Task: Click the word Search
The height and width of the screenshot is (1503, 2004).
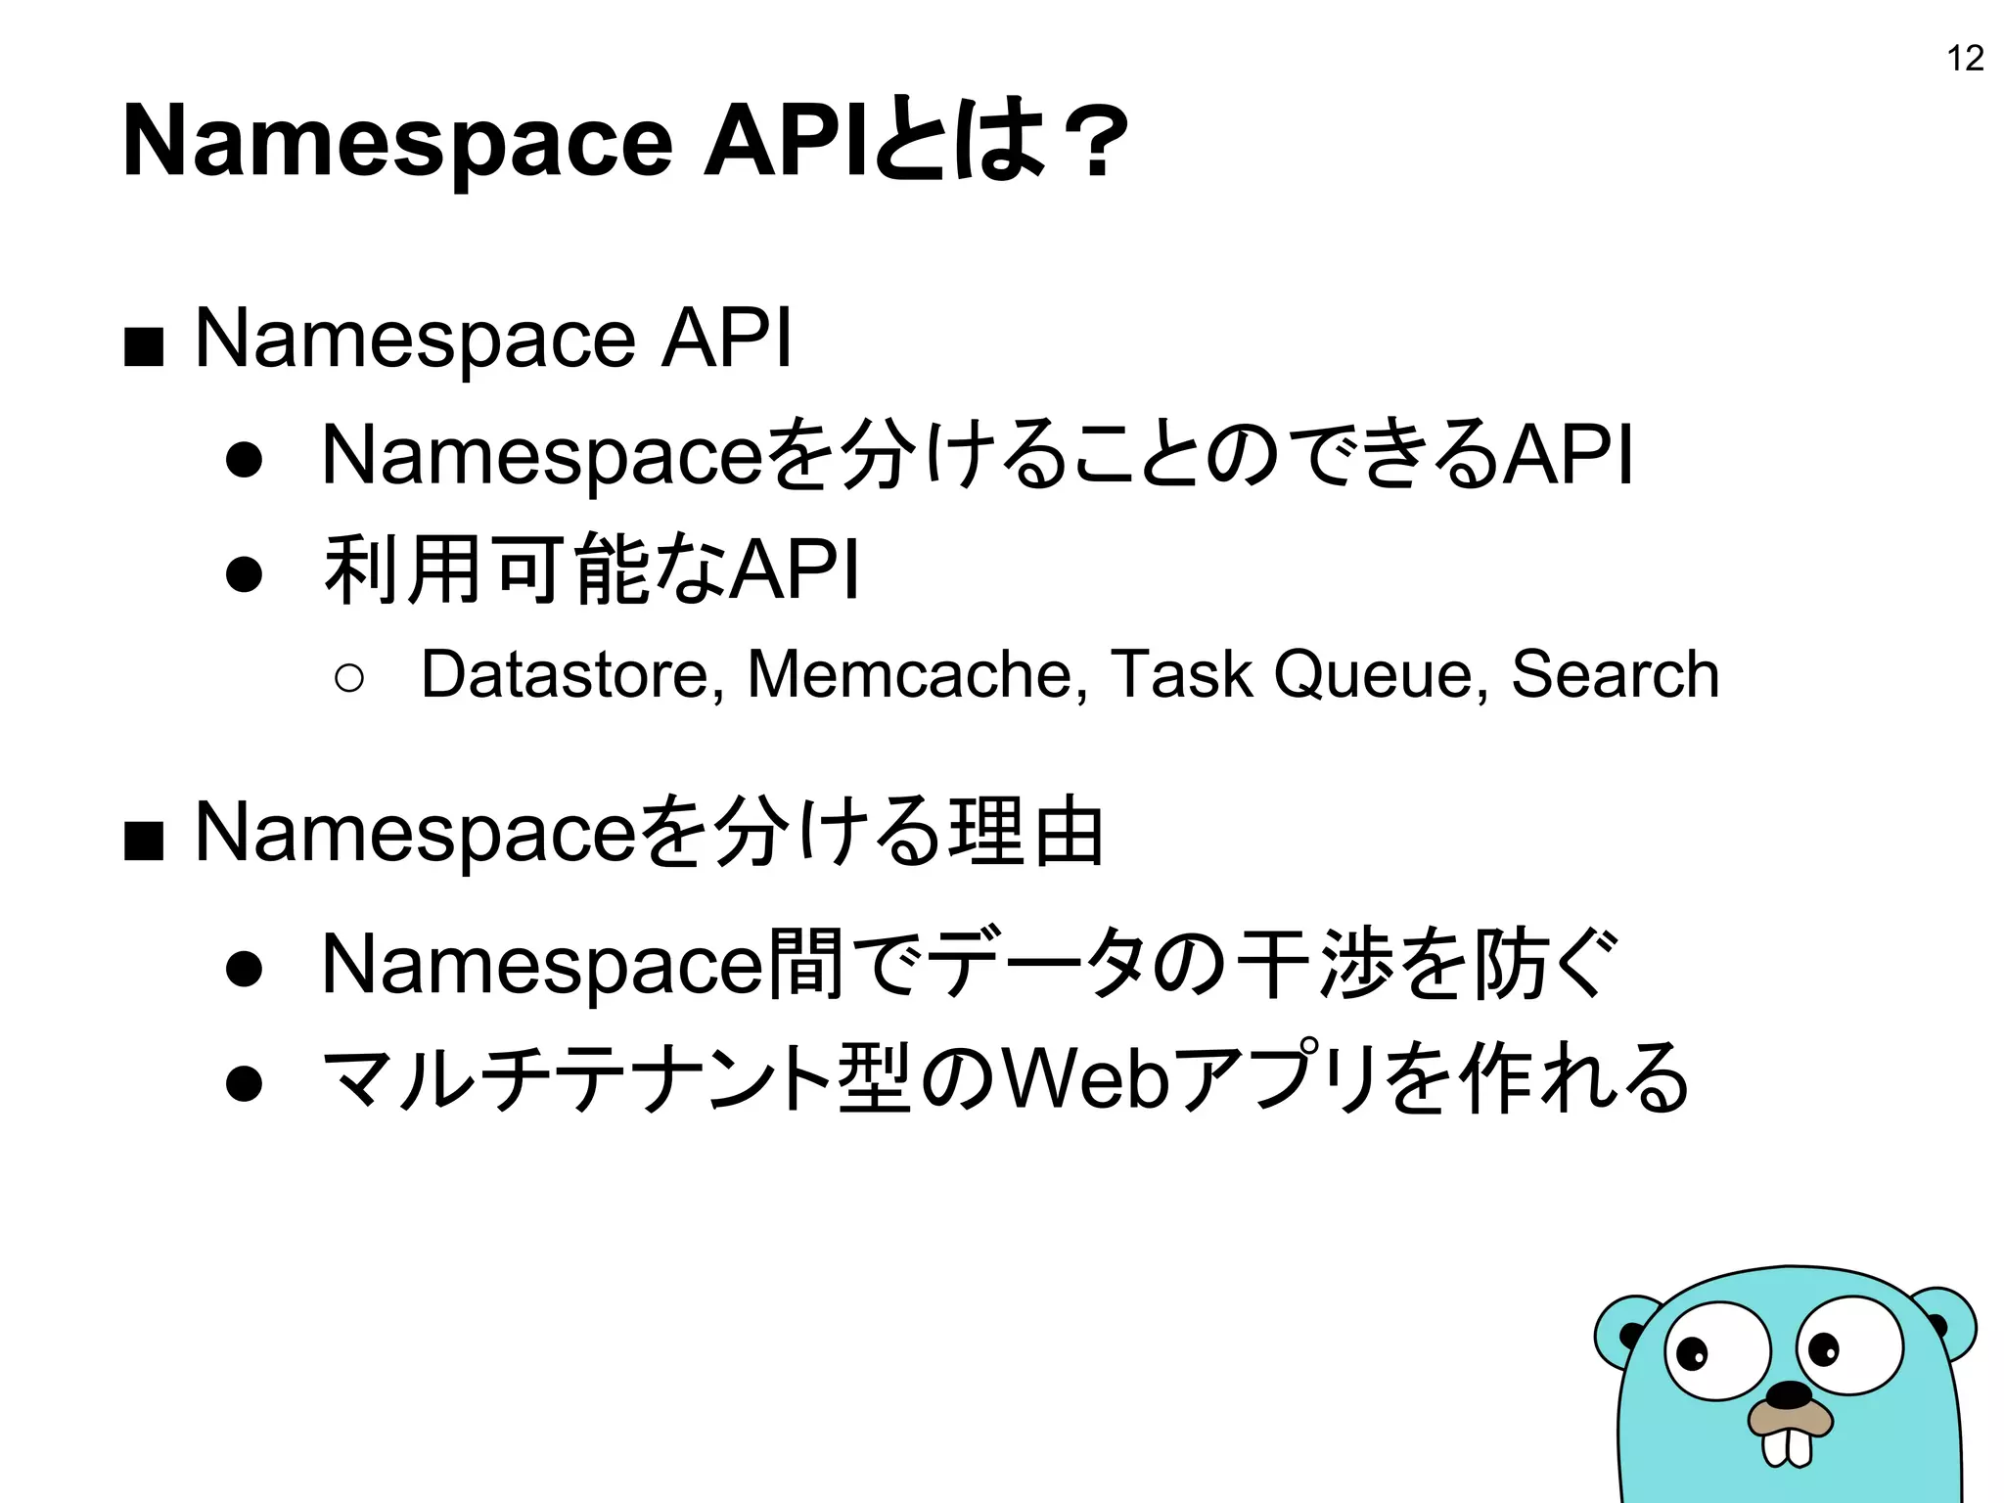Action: [x=1615, y=674]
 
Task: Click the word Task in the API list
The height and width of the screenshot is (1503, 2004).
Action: [x=1182, y=674]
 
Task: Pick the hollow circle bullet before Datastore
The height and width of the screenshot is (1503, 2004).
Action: [x=348, y=677]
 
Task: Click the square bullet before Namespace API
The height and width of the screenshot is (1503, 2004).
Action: [x=144, y=346]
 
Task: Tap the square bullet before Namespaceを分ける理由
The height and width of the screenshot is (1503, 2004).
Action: [x=144, y=840]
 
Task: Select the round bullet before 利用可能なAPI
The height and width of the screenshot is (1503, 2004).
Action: [x=244, y=574]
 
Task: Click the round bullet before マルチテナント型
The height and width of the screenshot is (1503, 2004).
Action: [x=244, y=1083]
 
